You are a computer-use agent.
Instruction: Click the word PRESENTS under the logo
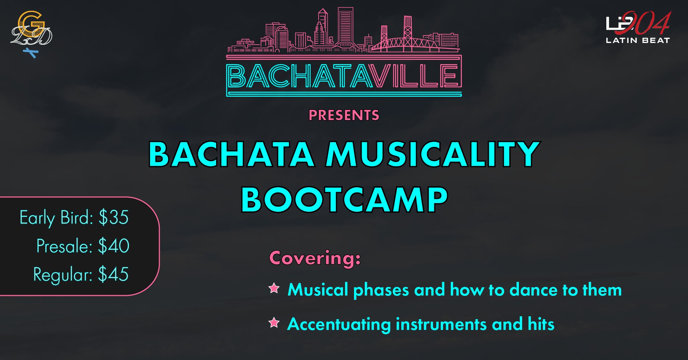[x=344, y=115]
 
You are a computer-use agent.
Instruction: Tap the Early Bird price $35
[x=114, y=217]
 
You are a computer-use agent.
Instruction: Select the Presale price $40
[x=114, y=246]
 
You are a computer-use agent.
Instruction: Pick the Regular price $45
[x=113, y=274]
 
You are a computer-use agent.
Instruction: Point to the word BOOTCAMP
[x=344, y=199]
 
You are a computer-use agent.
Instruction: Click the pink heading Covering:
[x=315, y=258]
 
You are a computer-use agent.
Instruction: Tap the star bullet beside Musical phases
[x=274, y=288]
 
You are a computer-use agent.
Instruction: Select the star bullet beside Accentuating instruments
[x=274, y=323]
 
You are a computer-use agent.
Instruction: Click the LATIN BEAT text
[x=637, y=40]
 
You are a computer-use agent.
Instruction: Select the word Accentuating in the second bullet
[x=339, y=325]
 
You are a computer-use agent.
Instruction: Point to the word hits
[x=541, y=324]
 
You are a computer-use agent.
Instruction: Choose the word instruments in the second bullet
[x=441, y=325]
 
